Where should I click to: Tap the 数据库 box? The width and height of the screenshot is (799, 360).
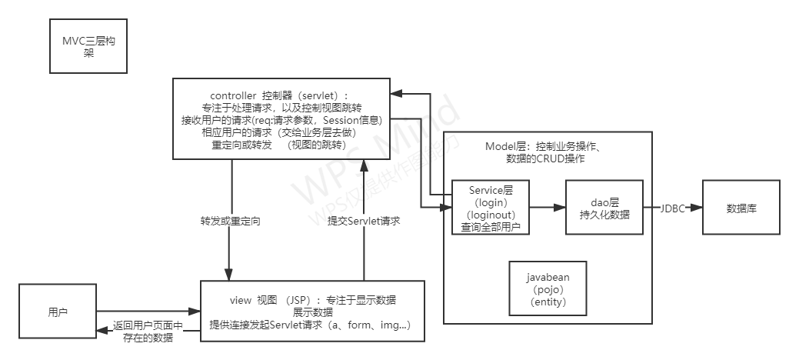(741, 208)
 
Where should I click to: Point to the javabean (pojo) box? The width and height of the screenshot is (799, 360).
(548, 288)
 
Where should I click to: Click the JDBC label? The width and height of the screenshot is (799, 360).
(673, 208)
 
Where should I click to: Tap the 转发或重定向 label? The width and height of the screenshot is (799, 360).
(230, 221)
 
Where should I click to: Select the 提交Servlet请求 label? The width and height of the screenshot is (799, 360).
(364, 221)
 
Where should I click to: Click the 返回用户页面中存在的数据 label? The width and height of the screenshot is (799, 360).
(148, 331)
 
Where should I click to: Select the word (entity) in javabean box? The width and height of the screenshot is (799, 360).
(548, 302)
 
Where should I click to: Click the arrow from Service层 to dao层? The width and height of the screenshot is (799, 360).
(547, 208)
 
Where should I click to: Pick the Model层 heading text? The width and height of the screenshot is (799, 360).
(548, 146)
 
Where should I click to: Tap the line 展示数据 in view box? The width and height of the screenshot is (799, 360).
(313, 313)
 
